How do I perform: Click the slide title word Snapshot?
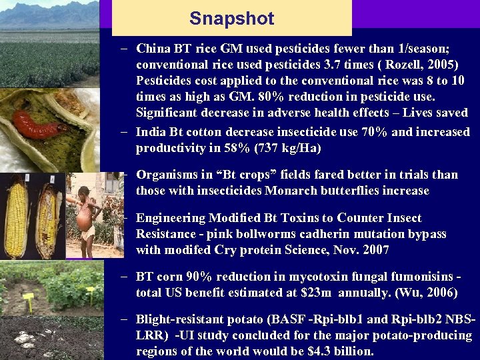click(231, 19)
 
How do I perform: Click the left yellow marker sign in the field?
click(28, 297)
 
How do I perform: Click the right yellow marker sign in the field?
click(90, 291)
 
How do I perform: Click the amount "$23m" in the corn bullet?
click(325, 292)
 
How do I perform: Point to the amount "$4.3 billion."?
click(337, 351)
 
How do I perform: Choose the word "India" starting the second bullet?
click(151, 131)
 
